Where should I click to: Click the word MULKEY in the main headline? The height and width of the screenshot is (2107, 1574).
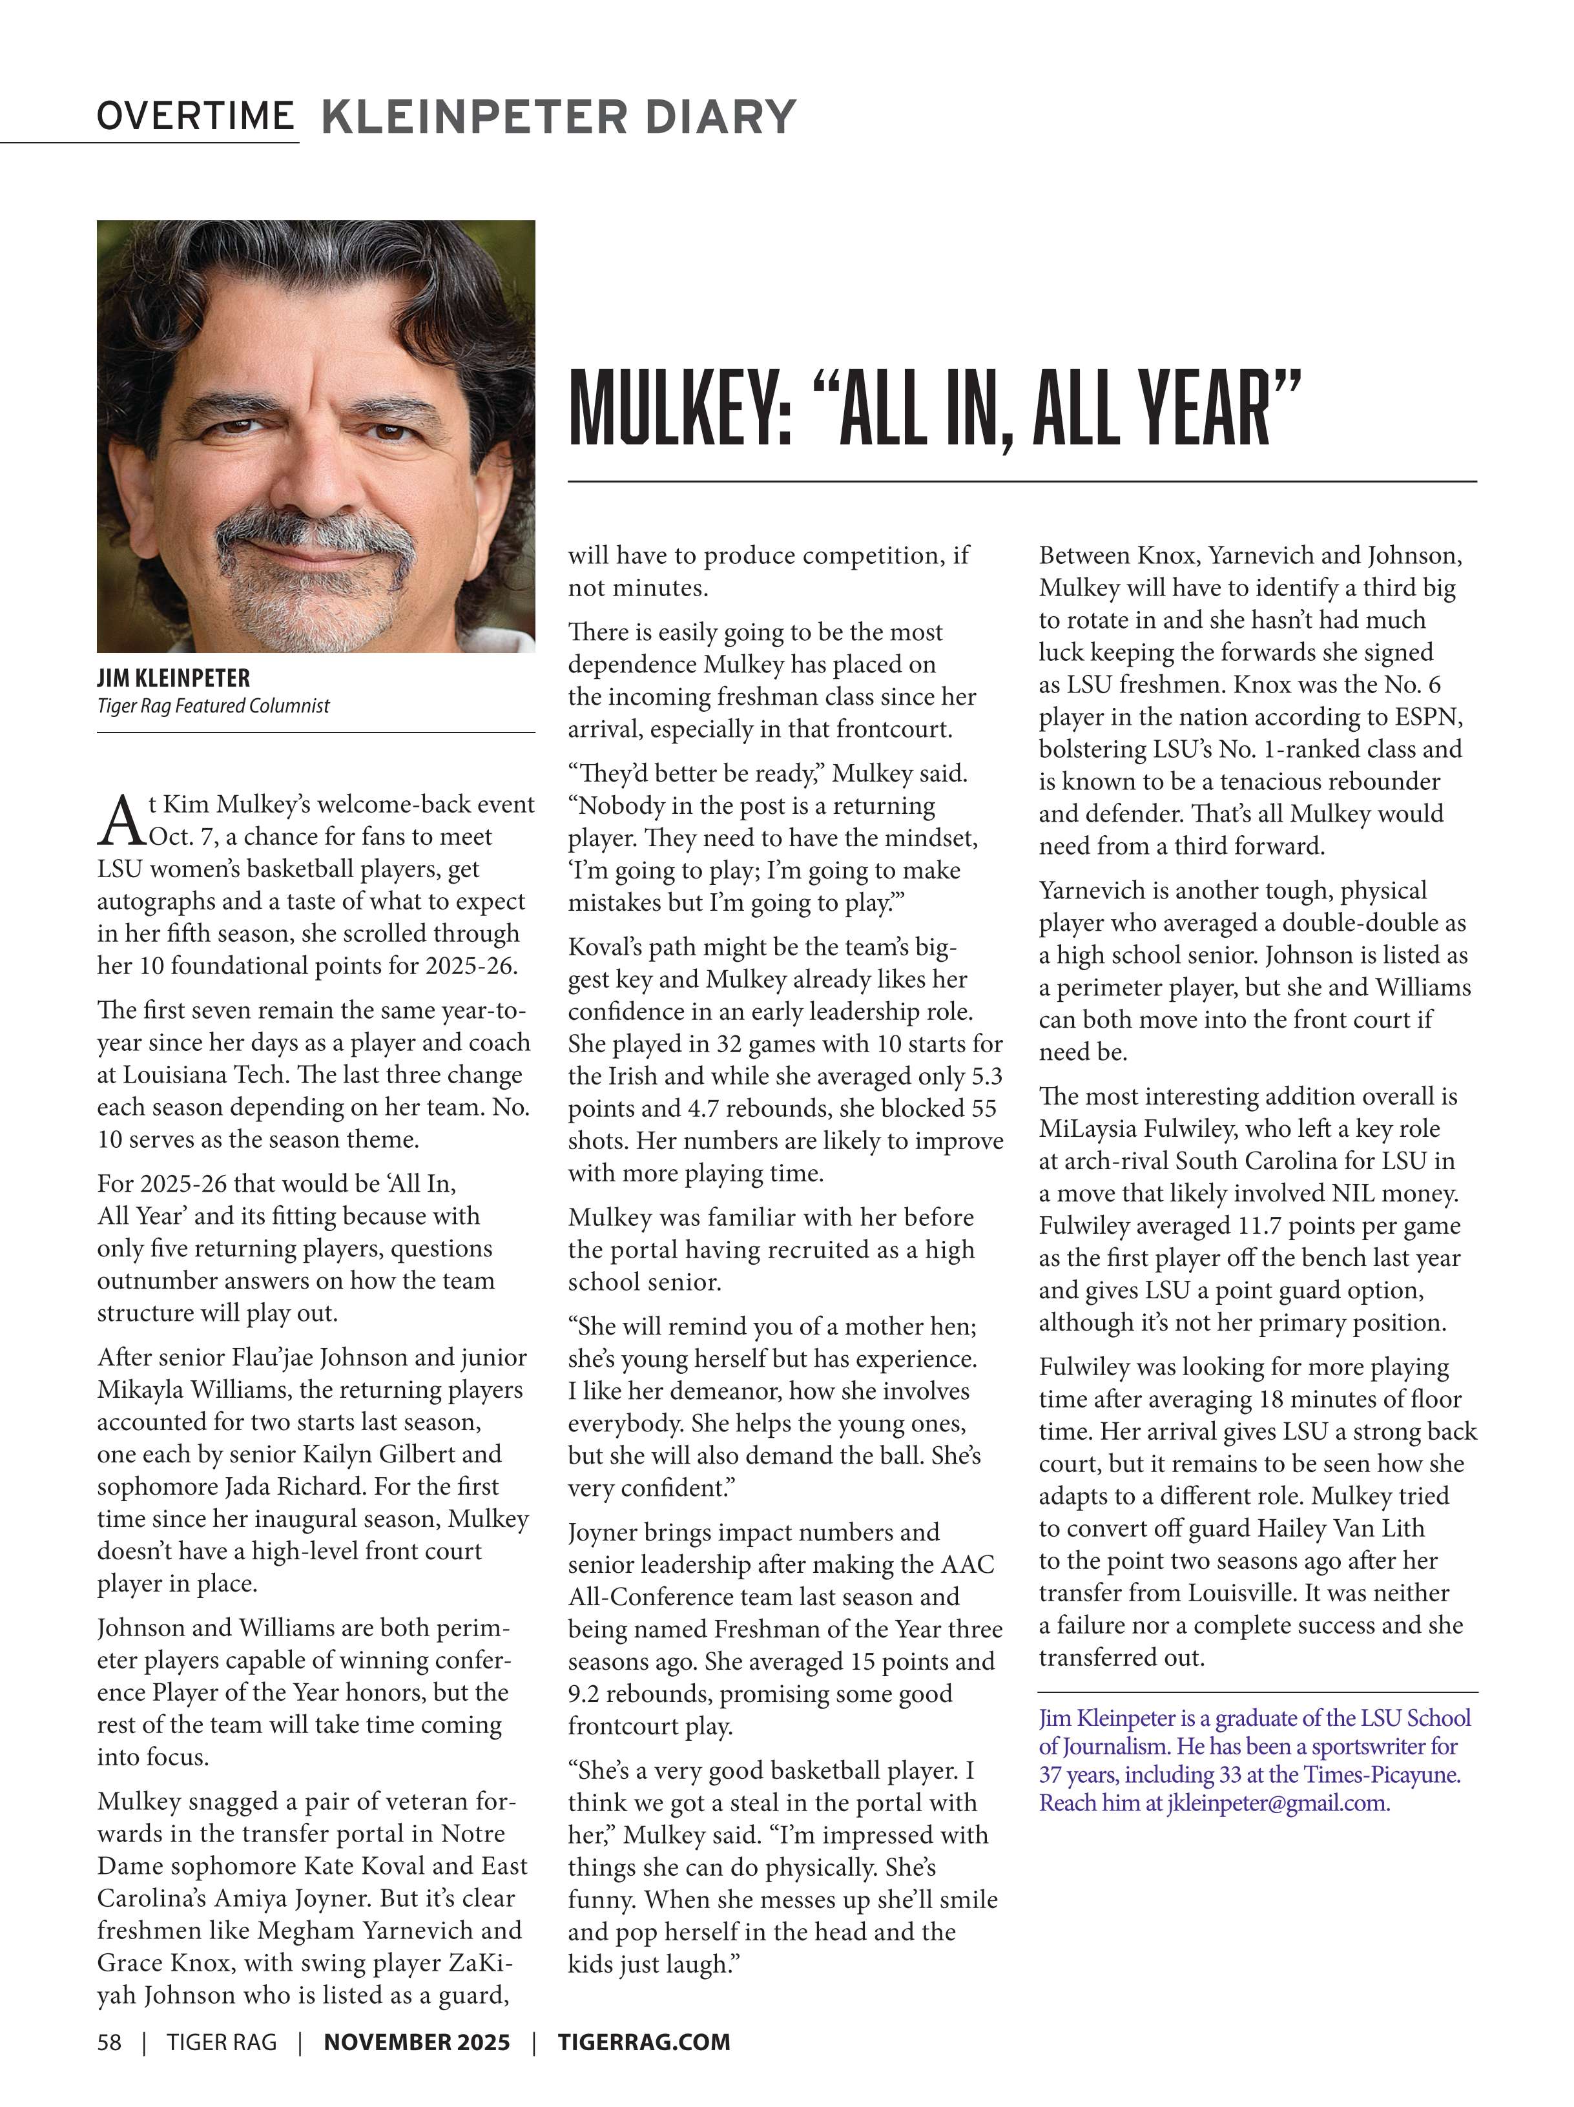679,411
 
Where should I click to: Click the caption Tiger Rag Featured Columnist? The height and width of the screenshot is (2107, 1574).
213,706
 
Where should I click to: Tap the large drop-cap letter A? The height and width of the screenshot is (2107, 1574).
121,821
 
